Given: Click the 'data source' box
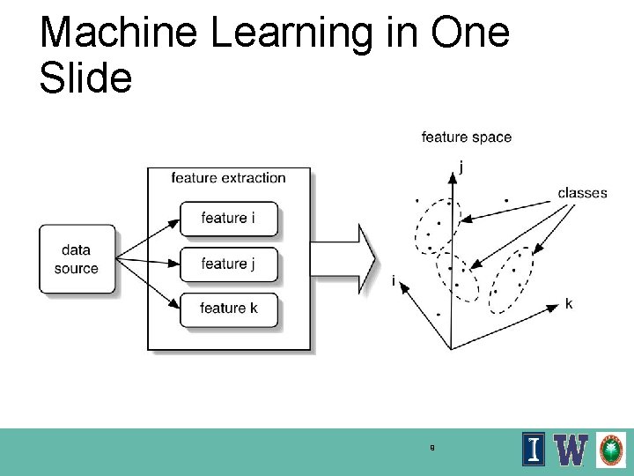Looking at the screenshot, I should coord(77,259).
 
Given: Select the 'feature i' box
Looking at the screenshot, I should coord(228,219).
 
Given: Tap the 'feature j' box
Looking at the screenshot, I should coord(228,264).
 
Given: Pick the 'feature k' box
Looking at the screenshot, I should coord(228,309).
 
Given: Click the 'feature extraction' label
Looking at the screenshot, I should coord(228,178).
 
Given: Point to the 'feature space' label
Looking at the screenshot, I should coord(466,137).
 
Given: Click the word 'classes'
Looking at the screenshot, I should coord(582,193).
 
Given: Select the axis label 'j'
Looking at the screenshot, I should coord(462,165).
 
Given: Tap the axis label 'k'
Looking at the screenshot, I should coord(569,304).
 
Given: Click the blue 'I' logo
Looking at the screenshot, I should coord(534,450).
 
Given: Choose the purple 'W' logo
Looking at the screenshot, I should coord(572,450).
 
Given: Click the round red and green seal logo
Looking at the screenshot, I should coord(611,450).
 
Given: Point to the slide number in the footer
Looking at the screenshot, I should coord(431,448).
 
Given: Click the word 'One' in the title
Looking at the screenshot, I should coord(471,33).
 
